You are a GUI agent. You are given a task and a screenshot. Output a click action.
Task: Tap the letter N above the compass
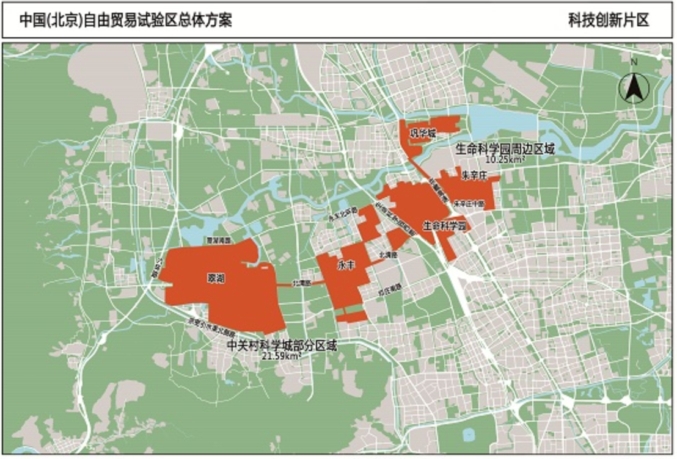coord(634,62)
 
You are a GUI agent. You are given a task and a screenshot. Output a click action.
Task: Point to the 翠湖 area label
coord(216,278)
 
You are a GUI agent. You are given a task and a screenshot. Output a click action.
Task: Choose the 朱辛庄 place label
coord(473,176)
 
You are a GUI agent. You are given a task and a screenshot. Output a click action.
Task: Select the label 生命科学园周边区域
coord(505,148)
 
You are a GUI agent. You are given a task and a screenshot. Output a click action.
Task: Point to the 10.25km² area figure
coord(505,159)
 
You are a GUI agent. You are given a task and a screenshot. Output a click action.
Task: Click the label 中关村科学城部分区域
coord(282,345)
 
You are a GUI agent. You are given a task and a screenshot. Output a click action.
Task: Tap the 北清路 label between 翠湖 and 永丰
coord(301,283)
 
